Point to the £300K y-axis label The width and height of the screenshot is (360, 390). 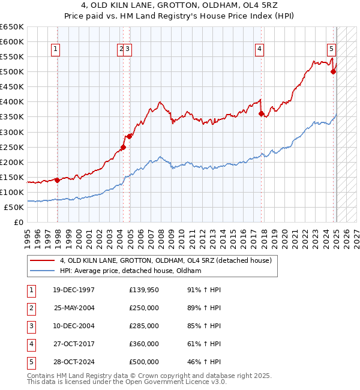coord(12,132)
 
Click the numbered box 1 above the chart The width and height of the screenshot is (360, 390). coord(56,50)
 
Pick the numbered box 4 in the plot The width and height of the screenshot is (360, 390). coord(260,50)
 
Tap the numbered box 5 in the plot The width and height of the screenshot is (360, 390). coord(331,50)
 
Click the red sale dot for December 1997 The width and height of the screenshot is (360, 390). coord(57,179)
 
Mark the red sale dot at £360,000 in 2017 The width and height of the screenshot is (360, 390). coord(261,113)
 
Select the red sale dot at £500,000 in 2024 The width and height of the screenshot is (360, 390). coord(333,71)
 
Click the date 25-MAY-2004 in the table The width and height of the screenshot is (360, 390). coord(74,307)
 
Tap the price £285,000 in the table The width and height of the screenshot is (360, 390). coord(144,326)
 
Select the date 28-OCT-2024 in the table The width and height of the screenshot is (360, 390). coord(74,362)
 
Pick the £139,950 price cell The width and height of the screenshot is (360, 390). coord(144,290)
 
